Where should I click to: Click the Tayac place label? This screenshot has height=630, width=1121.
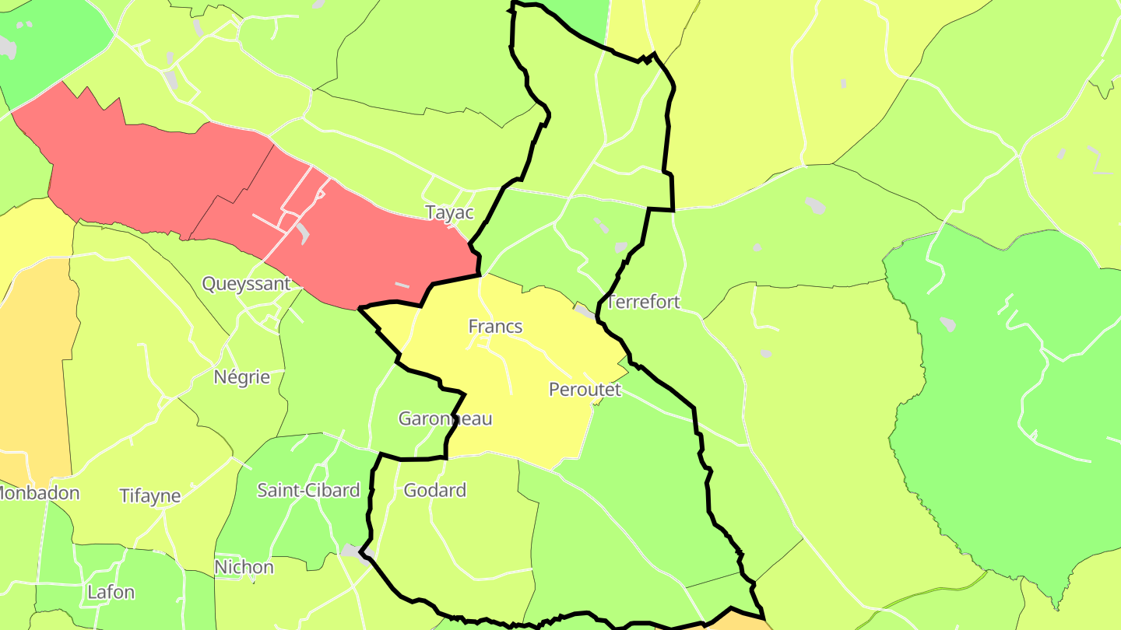click(449, 212)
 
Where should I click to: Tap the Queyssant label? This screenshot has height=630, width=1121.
click(246, 284)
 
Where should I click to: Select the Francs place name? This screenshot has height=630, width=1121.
click(495, 327)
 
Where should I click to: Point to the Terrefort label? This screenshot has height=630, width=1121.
click(643, 302)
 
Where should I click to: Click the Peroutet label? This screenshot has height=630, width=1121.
click(585, 389)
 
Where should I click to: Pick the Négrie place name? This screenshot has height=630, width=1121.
click(241, 377)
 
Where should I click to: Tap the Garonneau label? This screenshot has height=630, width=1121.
click(445, 418)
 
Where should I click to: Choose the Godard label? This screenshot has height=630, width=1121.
click(434, 490)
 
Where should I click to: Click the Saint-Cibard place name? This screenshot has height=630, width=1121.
click(308, 490)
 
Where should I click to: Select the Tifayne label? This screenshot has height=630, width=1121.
click(149, 495)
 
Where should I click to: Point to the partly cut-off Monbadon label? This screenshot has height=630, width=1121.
click(39, 492)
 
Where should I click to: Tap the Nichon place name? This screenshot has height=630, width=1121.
click(244, 567)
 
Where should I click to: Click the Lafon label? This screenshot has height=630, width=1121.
click(111, 592)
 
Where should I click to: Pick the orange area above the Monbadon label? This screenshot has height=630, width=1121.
click(35, 366)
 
